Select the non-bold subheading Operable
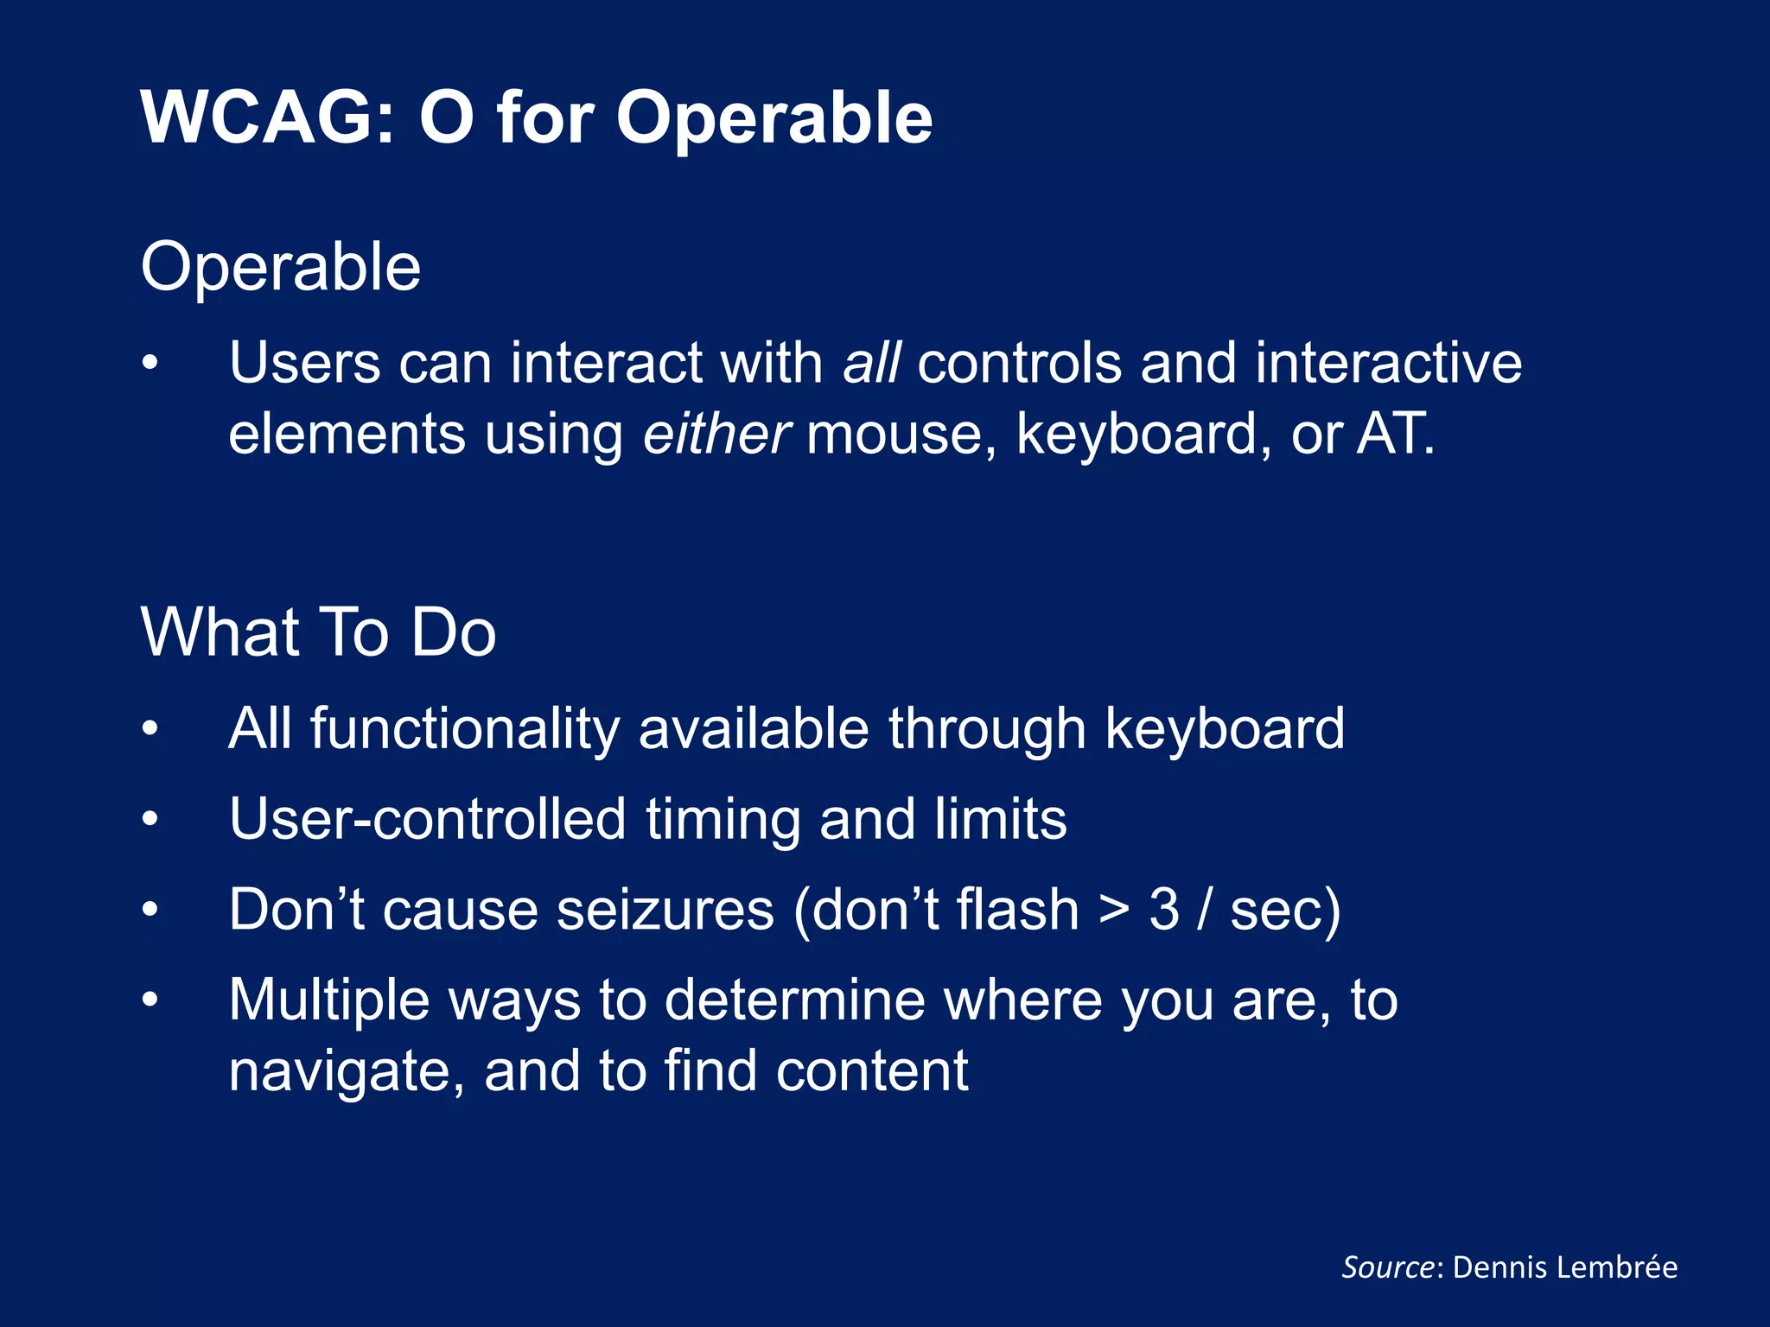(x=281, y=267)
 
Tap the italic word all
(x=871, y=362)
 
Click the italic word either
(x=716, y=433)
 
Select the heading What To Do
(x=318, y=632)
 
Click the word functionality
(x=464, y=728)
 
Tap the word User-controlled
(x=427, y=819)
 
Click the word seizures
(x=665, y=910)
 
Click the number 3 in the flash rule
(x=1163, y=910)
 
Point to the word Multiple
(x=328, y=1000)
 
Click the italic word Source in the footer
(x=1387, y=1267)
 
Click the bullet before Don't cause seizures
(x=150, y=910)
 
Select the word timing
(x=723, y=819)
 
